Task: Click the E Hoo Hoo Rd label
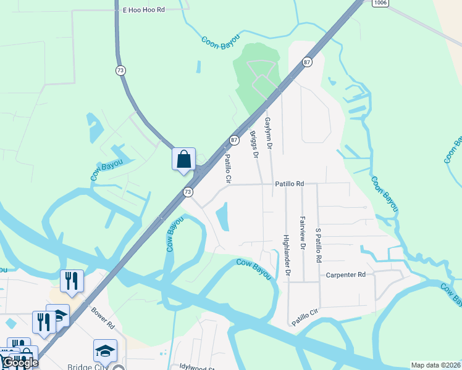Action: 144,10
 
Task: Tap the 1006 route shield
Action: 380,3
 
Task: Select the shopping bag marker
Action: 183,159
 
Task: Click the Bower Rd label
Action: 103,318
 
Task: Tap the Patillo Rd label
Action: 290,184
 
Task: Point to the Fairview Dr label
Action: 302,232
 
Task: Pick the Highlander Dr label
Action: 287,255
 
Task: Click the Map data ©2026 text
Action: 435,365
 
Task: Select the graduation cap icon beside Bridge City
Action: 105,350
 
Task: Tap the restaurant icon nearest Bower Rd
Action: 72,281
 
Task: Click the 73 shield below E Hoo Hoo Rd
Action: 120,70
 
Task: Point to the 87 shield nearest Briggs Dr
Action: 234,140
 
